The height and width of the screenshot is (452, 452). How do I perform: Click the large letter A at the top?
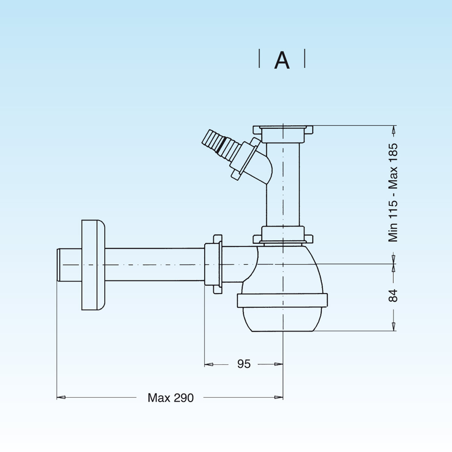[282, 60]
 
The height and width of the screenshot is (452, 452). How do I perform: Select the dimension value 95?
[244, 364]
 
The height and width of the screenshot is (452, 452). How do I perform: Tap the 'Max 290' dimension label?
[171, 398]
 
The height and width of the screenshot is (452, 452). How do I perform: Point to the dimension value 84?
[393, 295]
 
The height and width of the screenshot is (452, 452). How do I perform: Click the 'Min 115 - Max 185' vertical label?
[393, 192]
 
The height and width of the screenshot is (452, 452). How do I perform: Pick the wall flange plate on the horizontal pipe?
[93, 264]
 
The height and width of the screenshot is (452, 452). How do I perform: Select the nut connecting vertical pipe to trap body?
[282, 235]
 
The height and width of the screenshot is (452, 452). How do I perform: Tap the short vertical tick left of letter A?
[259, 59]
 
